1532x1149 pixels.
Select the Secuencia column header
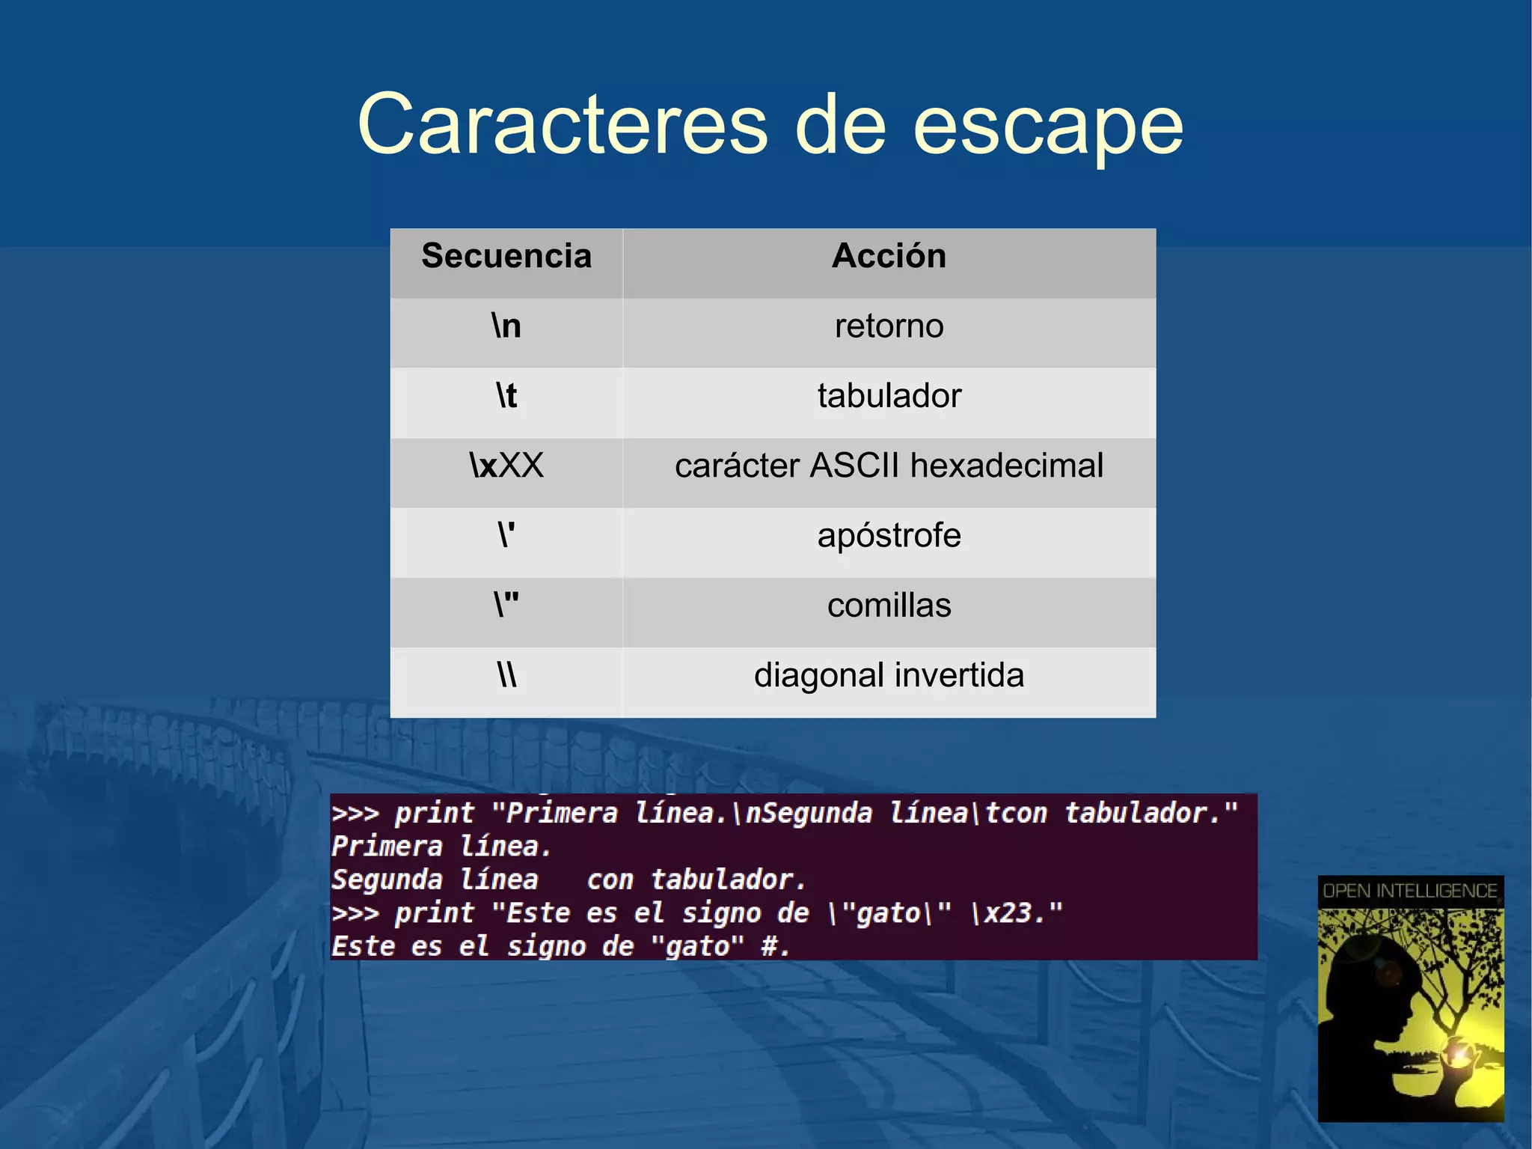point(506,256)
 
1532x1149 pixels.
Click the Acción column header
point(889,256)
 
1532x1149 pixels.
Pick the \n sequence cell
point(506,326)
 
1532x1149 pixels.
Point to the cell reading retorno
point(889,326)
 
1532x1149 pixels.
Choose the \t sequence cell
point(506,396)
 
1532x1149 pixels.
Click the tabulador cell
point(889,396)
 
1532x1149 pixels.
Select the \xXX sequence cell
point(506,466)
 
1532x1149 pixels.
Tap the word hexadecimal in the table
point(1007,466)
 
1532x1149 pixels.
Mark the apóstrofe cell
point(889,536)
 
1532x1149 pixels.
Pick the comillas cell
point(889,606)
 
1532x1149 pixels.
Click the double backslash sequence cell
point(506,675)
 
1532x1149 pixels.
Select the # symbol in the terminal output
point(769,947)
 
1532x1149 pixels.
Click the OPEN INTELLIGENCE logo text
point(1410,891)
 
